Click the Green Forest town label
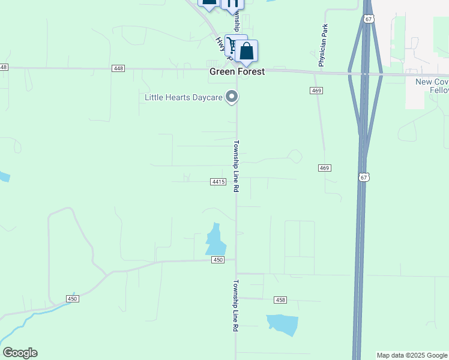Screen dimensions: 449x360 [x=237, y=71]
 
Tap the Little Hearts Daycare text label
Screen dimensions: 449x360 [x=183, y=97]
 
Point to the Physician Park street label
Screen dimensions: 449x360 [x=324, y=45]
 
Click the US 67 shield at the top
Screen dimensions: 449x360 [x=369, y=19]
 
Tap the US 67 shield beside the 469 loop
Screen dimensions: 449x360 [x=363, y=177]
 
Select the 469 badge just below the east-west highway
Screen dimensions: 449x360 [x=317, y=91]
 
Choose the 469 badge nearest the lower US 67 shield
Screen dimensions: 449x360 [x=325, y=168]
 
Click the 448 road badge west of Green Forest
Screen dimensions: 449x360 [x=118, y=68]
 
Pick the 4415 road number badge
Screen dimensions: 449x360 [x=218, y=181]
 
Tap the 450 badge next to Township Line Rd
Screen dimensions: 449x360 [x=218, y=260]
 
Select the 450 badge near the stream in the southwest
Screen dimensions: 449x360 [x=73, y=299]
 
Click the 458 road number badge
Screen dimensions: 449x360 [x=280, y=299]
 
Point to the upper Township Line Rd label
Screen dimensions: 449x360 [x=237, y=166]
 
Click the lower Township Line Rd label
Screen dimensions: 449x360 [x=236, y=306]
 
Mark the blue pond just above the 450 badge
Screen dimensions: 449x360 [x=215, y=240]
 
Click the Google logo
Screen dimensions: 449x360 [x=20, y=353]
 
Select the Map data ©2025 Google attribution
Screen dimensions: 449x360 [x=412, y=355]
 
